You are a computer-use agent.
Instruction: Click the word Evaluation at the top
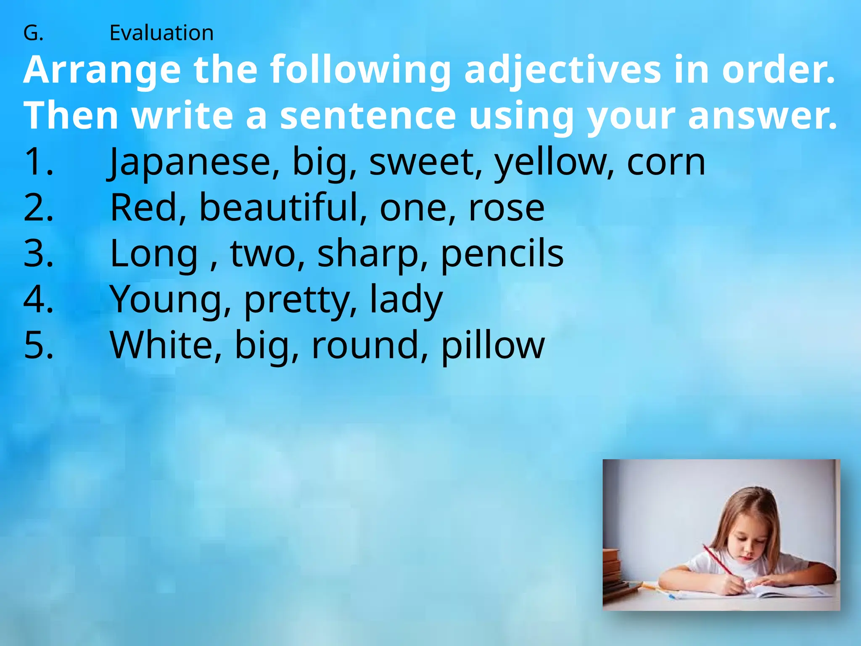pos(161,33)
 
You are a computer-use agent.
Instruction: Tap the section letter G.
pos(33,33)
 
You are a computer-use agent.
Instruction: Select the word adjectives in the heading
pos(563,70)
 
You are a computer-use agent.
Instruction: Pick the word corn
pos(666,162)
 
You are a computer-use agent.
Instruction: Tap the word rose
pos(506,208)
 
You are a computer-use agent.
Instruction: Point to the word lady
pos(406,299)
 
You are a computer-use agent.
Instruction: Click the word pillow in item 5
pos(493,345)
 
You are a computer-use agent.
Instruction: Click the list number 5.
pos(38,345)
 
